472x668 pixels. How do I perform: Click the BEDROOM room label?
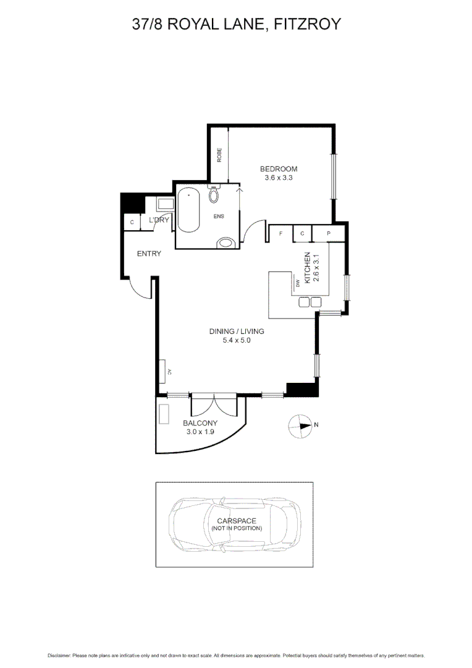279,169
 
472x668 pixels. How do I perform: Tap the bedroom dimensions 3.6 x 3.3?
279,178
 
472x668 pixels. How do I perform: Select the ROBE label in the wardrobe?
219,154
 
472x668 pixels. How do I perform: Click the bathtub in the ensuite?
188,212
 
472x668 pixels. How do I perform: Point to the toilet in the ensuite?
214,195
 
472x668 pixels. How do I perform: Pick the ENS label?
218,216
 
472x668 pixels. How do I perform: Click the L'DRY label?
159,220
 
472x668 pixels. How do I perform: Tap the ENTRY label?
149,254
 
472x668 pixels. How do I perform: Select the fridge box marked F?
281,233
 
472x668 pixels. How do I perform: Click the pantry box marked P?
329,233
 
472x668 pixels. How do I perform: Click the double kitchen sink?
310,302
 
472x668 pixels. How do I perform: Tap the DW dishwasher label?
297,284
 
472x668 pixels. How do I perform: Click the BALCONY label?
200,423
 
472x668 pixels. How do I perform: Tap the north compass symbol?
301,425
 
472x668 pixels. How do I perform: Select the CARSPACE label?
237,521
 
